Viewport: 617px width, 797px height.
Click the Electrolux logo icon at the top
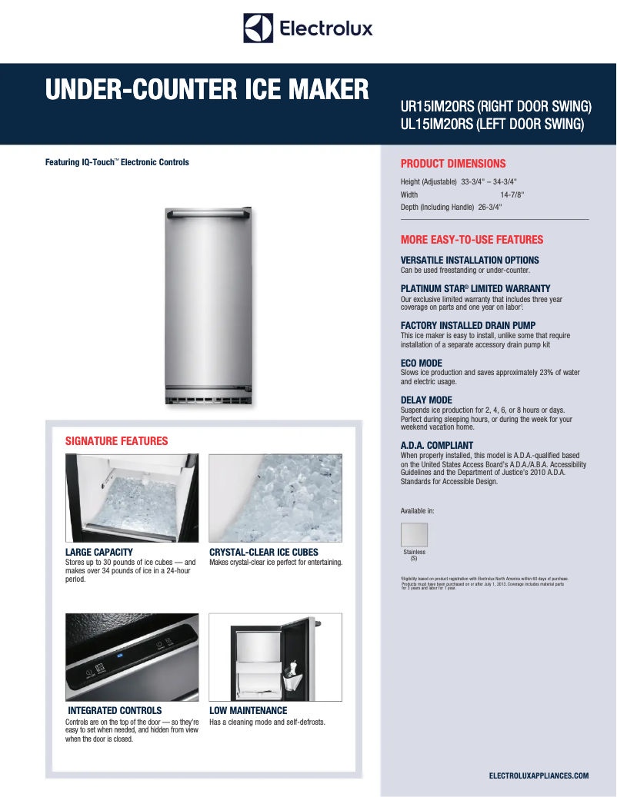tap(258, 28)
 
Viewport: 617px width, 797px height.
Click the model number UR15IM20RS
tap(435, 106)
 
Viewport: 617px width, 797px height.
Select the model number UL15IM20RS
tap(435, 124)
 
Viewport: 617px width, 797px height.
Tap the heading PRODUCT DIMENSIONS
tap(453, 164)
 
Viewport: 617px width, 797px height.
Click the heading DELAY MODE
tap(426, 400)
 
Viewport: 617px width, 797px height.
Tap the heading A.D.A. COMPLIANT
tap(437, 446)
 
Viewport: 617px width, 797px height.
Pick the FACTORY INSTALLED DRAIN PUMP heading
tap(468, 326)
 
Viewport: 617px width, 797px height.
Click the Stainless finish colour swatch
tap(414, 535)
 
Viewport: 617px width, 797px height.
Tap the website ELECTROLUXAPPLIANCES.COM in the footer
tap(539, 776)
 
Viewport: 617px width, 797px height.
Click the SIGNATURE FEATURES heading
tap(116, 441)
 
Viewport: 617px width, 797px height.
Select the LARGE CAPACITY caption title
tap(99, 553)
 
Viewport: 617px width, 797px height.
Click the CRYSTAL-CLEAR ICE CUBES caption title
tap(264, 553)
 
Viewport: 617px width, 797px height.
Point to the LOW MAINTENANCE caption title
tap(248, 711)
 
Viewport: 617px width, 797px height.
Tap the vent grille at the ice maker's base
tap(207, 400)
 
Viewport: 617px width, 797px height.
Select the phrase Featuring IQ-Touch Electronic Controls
tap(117, 162)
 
